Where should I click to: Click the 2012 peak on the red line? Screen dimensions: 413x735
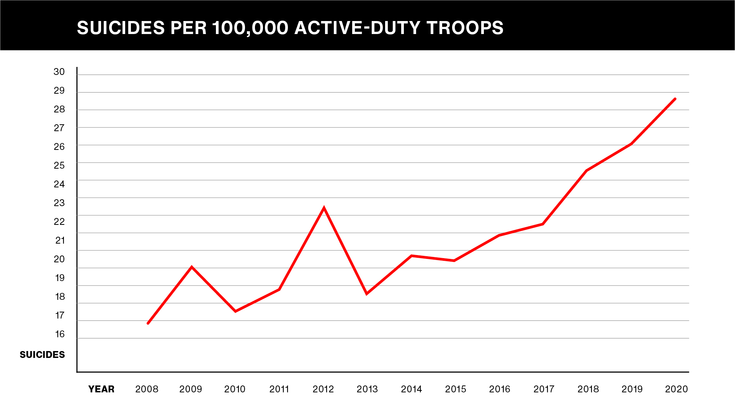[324, 208]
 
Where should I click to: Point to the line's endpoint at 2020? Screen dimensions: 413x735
[675, 99]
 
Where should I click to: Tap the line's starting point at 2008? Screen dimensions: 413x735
[148, 323]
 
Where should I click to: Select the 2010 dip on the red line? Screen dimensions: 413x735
[235, 311]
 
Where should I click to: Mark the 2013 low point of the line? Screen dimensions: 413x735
[367, 293]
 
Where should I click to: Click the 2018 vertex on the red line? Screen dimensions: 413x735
[586, 171]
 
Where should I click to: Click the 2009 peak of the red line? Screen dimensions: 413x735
[191, 267]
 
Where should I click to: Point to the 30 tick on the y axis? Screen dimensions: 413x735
[59, 72]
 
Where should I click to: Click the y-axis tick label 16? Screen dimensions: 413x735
[60, 334]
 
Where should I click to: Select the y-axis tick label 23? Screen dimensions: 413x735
[59, 203]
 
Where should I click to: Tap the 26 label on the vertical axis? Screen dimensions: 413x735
[59, 147]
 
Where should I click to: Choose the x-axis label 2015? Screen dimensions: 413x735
[456, 389]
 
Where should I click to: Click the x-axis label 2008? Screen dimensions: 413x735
[147, 389]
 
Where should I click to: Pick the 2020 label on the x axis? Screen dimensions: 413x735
[676, 389]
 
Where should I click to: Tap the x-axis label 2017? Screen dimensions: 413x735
[544, 389]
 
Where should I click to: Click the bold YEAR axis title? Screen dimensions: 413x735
[101, 389]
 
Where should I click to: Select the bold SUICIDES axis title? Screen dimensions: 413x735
[42, 355]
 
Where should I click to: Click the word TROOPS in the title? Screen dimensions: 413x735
[465, 28]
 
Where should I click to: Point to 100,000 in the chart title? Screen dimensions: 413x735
[250, 28]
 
